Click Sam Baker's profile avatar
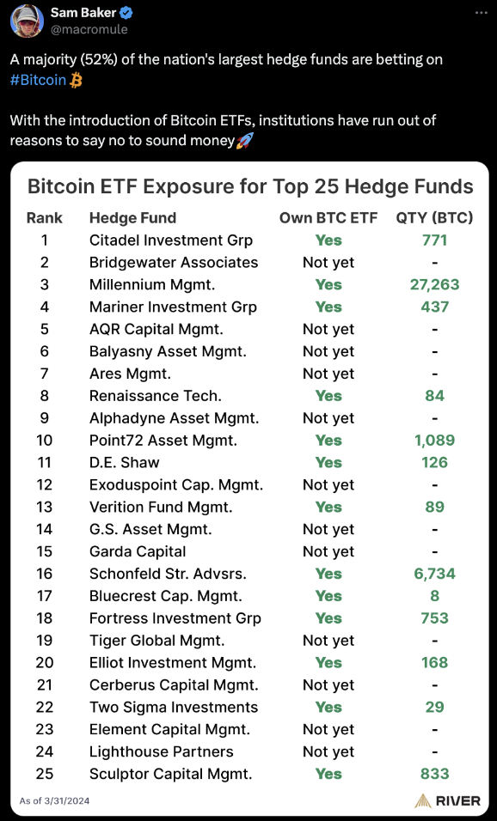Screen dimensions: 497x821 [x=27, y=21]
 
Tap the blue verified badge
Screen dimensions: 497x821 [x=126, y=14]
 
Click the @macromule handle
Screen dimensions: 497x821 [x=89, y=29]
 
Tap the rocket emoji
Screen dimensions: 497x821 [x=245, y=140]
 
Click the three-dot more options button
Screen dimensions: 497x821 [x=481, y=13]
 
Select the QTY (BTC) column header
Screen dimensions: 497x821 [x=434, y=218]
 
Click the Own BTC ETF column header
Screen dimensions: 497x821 [x=328, y=218]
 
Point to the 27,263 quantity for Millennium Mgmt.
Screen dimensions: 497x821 [x=434, y=284]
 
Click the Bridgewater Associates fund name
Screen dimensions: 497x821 [x=174, y=262]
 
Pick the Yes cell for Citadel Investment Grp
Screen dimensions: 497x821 [x=328, y=240]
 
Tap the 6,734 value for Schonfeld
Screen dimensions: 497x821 [x=434, y=574]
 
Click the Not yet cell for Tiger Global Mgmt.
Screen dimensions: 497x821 [x=328, y=641]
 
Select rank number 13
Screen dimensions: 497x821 [x=44, y=507]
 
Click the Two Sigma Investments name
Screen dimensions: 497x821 [x=174, y=707]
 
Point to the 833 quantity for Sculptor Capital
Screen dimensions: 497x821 [x=434, y=774]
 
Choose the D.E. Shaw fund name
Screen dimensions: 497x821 [x=124, y=462]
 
